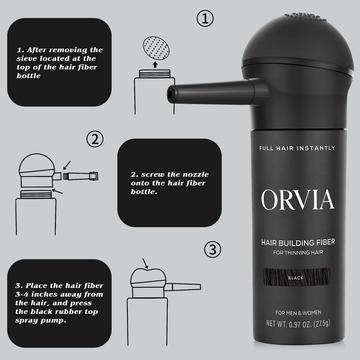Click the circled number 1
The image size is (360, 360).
point(205,19)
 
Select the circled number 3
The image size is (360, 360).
point(212,249)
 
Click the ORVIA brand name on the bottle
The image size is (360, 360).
point(297,200)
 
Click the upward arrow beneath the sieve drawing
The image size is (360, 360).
point(155,64)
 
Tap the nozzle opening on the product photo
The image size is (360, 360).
point(169,94)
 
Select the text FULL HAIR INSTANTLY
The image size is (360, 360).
point(297,148)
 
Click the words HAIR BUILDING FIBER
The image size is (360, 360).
point(298,243)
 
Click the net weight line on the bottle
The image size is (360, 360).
point(298,323)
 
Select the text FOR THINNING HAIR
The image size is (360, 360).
point(298,252)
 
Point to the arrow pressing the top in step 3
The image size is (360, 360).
point(145,264)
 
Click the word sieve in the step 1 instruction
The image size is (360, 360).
point(26,58)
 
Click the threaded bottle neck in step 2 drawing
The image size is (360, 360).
point(36,195)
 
